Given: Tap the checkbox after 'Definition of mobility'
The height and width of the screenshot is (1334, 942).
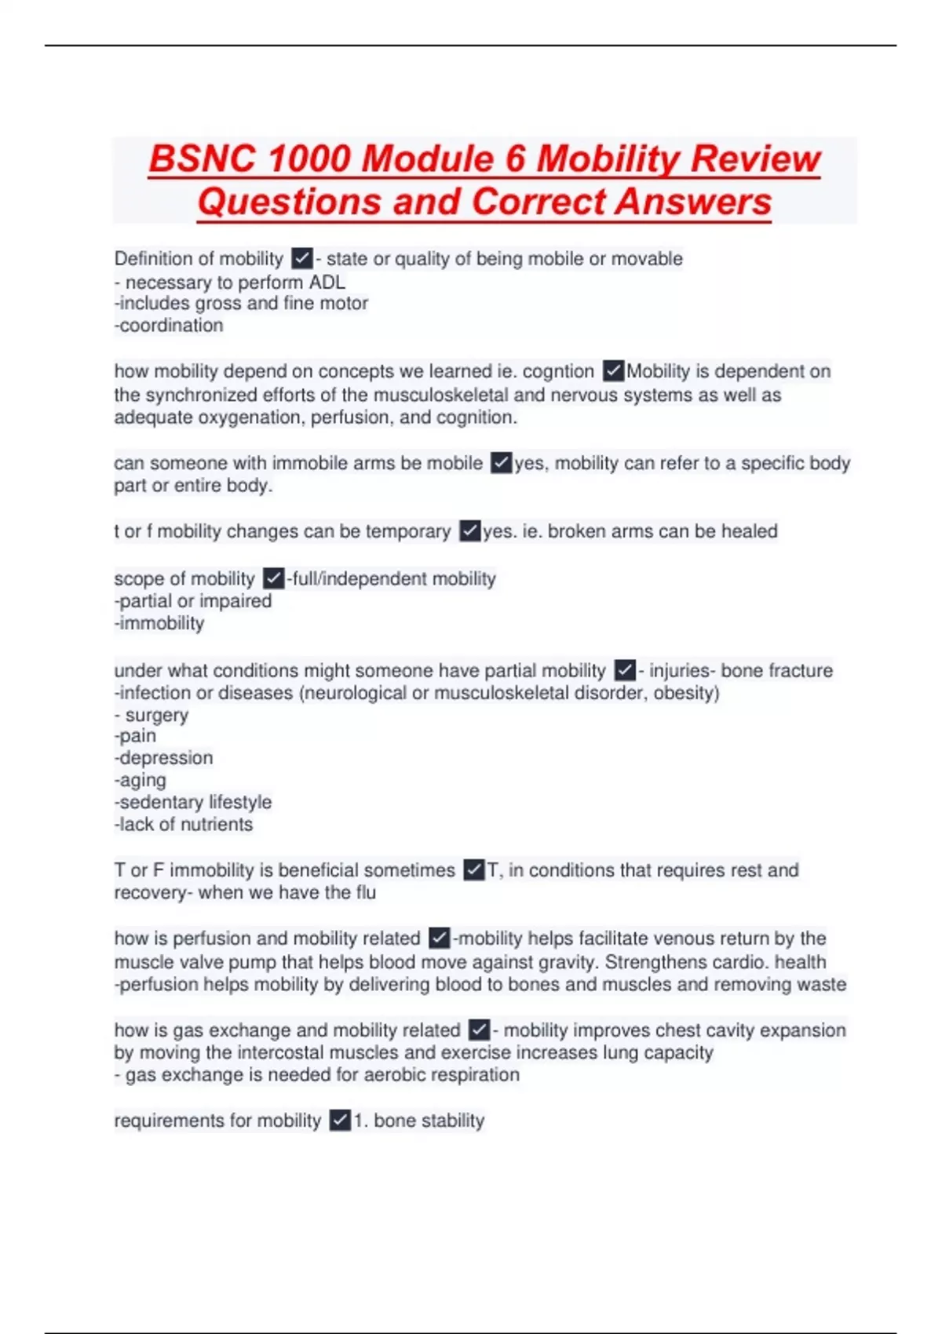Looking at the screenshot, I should point(302,258).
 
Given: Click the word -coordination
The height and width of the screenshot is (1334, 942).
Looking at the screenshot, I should point(169,326).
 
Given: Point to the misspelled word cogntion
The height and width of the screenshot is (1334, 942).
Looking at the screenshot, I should point(558,371).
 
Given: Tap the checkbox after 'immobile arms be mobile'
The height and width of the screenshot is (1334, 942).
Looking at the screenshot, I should point(501,463).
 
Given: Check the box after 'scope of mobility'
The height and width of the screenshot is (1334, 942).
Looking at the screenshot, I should point(273,578).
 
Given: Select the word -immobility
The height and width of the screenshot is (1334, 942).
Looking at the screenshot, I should point(159,623).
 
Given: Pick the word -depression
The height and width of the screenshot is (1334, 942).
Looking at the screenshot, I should point(164,758).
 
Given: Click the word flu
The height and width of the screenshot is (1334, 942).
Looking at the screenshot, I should point(365,892).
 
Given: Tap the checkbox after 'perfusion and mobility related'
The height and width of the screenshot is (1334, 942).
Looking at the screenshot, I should point(440,938).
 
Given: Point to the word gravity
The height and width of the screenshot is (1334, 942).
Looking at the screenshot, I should point(564,962).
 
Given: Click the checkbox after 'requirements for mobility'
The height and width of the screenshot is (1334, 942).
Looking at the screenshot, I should point(340,1121).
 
